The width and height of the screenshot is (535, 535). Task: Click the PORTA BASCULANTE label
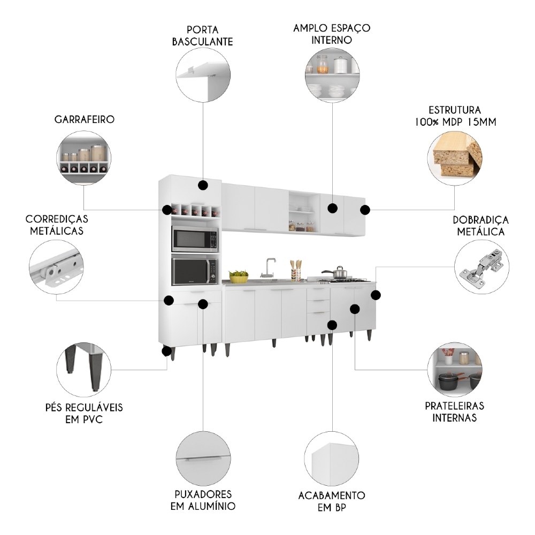pyautogui.click(x=202, y=35)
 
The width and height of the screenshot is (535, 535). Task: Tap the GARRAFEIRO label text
pyautogui.click(x=83, y=119)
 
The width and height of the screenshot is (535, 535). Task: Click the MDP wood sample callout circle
pyautogui.click(x=455, y=155)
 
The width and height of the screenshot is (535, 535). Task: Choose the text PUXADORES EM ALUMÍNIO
pyautogui.click(x=203, y=500)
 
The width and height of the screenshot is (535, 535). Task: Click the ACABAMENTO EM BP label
pyautogui.click(x=332, y=501)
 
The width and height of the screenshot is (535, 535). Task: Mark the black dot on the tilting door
pyautogui.click(x=203, y=185)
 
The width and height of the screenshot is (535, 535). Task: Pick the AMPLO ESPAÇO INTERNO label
pyautogui.click(x=332, y=33)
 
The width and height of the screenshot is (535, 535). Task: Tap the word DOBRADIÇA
pyautogui.click(x=480, y=220)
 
